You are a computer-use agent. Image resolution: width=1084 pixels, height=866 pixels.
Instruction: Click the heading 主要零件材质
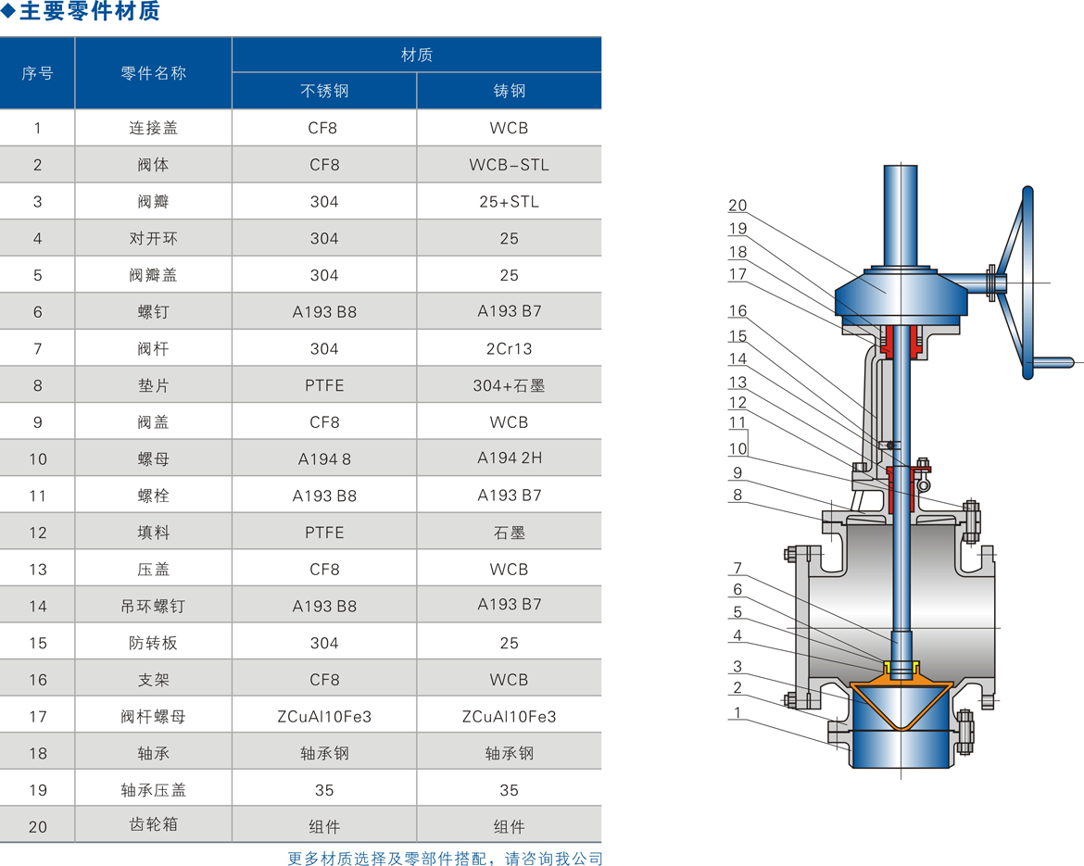click(x=90, y=11)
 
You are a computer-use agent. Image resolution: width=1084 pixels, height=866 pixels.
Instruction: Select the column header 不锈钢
click(x=324, y=91)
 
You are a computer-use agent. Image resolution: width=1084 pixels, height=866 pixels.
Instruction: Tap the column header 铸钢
click(x=510, y=91)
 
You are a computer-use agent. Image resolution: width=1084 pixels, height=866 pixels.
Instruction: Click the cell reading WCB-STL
click(x=509, y=165)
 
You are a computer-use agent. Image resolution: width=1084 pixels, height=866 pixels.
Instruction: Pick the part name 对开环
click(x=154, y=238)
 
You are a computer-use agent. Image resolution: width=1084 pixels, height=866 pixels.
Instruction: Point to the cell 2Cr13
click(x=509, y=348)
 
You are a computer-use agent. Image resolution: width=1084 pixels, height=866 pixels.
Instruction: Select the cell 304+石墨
click(x=509, y=385)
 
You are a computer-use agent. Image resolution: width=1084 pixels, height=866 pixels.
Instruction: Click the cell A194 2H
click(x=510, y=458)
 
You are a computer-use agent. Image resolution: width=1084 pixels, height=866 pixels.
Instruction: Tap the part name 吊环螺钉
click(x=154, y=606)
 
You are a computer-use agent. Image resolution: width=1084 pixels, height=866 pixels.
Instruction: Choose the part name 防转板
click(x=154, y=643)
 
